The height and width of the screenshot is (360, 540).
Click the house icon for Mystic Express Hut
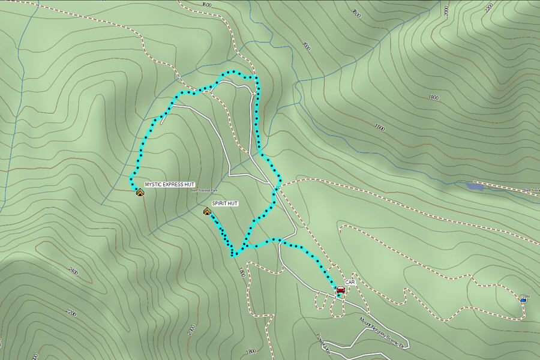click(x=140, y=192)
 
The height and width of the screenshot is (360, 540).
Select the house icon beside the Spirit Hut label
click(x=207, y=211)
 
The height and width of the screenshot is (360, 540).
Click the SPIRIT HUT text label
click(x=225, y=204)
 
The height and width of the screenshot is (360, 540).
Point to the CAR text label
click(x=350, y=282)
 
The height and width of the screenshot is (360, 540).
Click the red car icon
click(x=340, y=290)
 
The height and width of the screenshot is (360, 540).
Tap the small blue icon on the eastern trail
click(x=524, y=298)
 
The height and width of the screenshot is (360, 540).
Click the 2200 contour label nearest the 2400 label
click(x=71, y=313)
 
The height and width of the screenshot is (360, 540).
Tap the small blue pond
click(x=474, y=187)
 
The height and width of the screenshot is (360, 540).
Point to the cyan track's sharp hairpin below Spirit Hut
click(x=233, y=255)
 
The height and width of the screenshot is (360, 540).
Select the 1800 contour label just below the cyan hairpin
click(x=242, y=272)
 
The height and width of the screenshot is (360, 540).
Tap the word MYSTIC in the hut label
click(x=153, y=184)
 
